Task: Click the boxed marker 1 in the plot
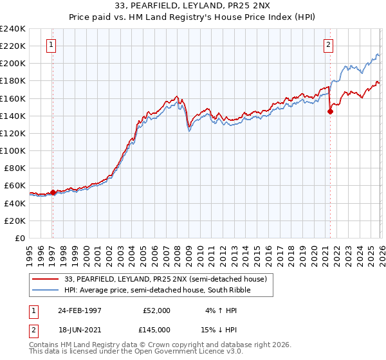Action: point(51,44)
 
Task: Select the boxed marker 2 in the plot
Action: point(328,44)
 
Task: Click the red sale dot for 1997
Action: point(53,192)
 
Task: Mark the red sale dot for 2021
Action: point(330,111)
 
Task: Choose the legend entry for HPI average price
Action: point(155,290)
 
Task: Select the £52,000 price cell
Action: point(156,310)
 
